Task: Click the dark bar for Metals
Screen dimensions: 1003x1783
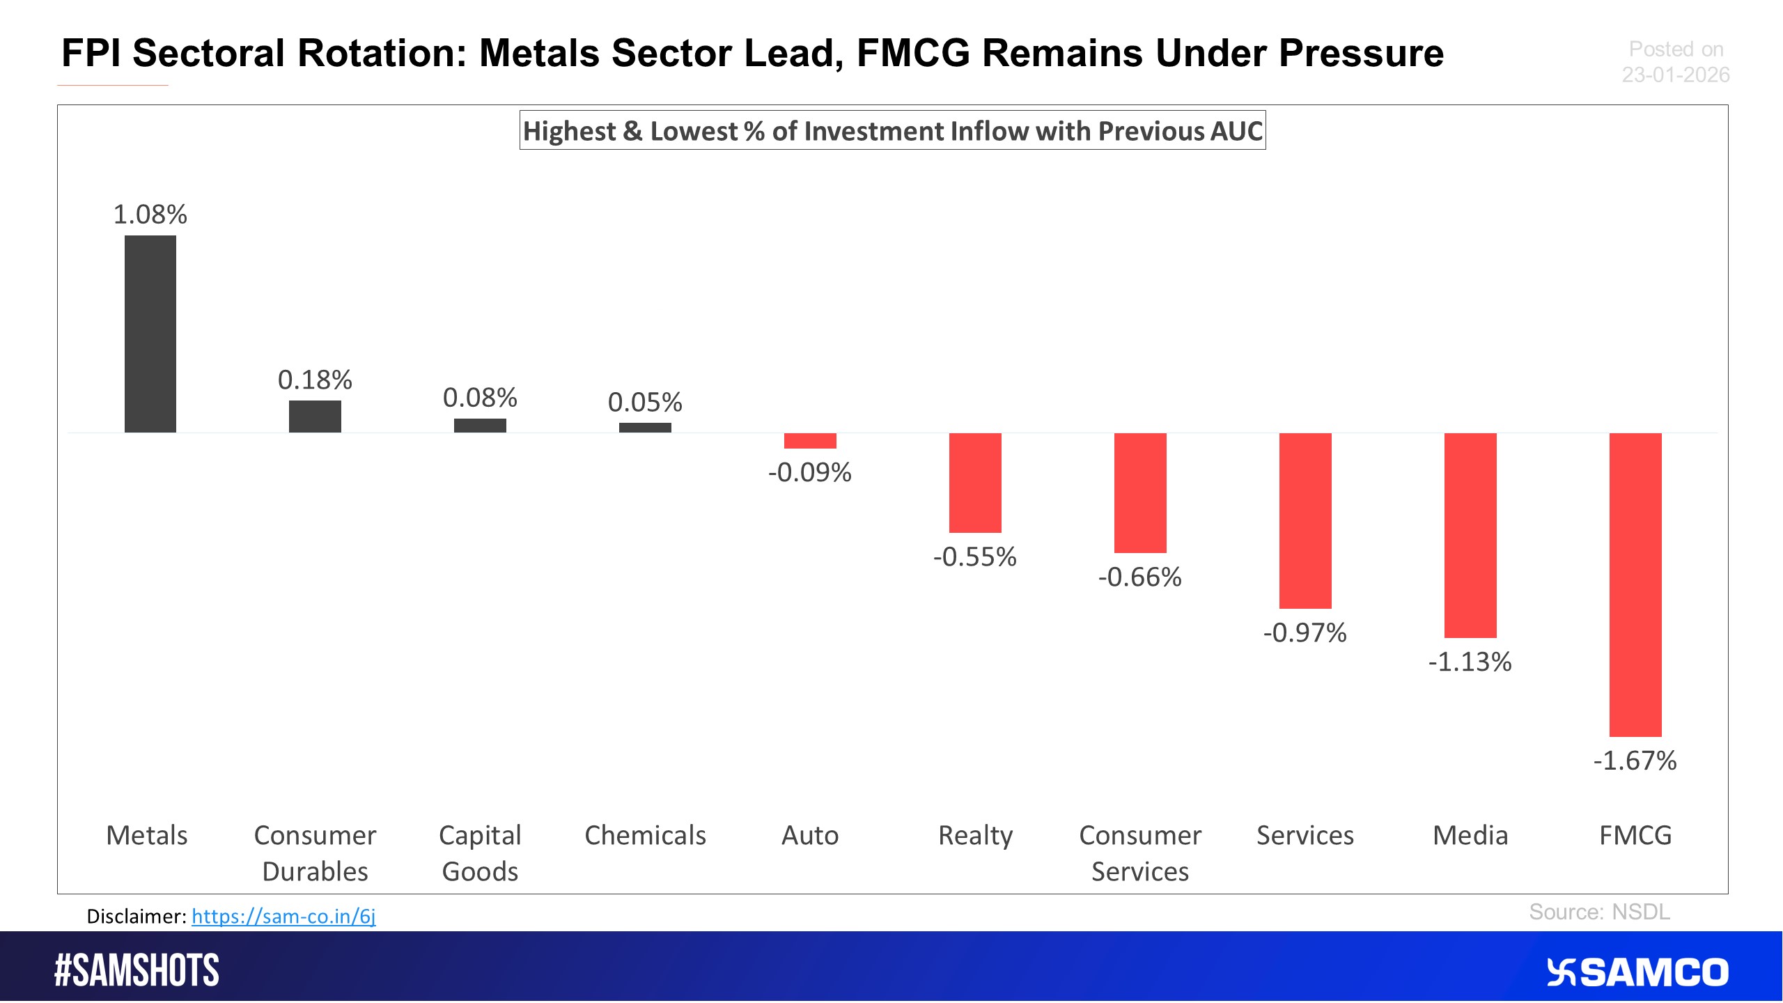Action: [150, 334]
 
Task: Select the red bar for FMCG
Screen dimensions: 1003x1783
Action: [1635, 585]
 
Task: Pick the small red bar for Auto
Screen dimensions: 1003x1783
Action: [810, 441]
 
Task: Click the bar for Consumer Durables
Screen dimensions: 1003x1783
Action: [315, 417]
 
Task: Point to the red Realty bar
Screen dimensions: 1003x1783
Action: [975, 483]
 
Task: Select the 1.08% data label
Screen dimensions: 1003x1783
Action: [150, 215]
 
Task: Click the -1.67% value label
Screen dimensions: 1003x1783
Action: [1635, 761]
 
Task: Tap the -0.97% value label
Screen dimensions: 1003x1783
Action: [1305, 633]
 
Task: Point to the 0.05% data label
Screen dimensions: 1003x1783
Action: [645, 403]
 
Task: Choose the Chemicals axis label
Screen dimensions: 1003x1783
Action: [645, 835]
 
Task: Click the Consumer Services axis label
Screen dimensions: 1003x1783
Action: [1140, 853]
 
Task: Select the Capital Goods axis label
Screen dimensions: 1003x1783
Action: [480, 853]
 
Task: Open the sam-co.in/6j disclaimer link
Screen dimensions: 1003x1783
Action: [283, 917]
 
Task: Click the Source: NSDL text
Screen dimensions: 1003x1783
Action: [1599, 912]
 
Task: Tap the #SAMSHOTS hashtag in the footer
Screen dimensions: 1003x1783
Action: [137, 970]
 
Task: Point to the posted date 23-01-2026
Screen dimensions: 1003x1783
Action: [1675, 75]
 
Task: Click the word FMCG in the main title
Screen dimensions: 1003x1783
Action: [913, 54]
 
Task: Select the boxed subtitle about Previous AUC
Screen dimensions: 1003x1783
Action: [892, 131]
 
